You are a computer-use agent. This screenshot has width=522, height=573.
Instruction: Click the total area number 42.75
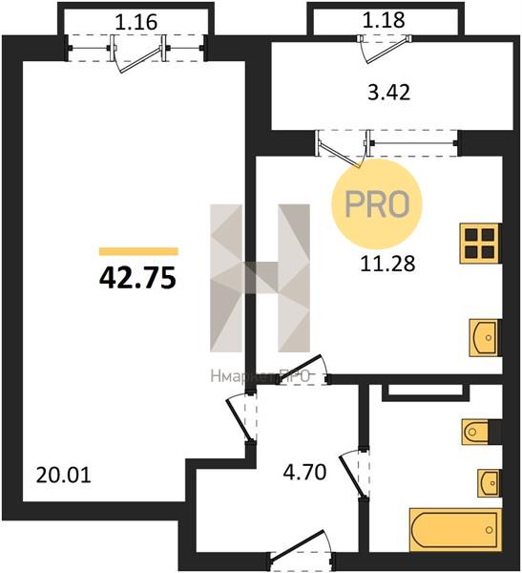click(137, 277)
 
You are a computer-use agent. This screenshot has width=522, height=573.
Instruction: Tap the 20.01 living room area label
click(64, 476)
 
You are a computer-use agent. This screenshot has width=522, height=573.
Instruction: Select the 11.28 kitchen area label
click(387, 264)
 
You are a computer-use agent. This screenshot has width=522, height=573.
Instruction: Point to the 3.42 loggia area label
click(388, 92)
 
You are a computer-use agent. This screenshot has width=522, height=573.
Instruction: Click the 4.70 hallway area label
click(304, 472)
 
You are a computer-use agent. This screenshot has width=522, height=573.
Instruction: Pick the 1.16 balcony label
click(136, 22)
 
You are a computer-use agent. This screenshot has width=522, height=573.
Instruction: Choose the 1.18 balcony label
click(384, 20)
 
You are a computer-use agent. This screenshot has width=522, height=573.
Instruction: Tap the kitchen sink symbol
click(484, 338)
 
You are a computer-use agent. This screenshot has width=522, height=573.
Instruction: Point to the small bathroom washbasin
click(489, 483)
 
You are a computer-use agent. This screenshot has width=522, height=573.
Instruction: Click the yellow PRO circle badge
click(377, 204)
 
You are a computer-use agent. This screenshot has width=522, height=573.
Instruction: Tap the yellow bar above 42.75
click(138, 251)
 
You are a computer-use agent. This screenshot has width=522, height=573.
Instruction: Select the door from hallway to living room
click(240, 419)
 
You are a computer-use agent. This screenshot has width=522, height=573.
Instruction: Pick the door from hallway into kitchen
click(303, 370)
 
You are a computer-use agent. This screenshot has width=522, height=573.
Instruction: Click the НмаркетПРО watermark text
click(261, 376)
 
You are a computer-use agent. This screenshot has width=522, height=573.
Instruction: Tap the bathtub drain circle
click(489, 530)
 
